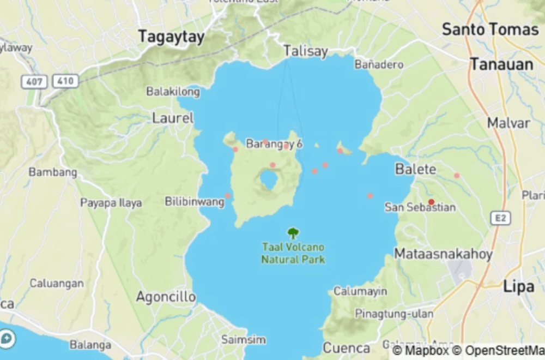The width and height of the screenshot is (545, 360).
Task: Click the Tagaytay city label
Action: [171, 37]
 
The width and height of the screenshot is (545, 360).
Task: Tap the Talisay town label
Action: [306, 51]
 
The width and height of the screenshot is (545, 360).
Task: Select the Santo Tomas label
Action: [490, 29]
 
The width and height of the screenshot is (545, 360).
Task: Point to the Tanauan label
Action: [501, 64]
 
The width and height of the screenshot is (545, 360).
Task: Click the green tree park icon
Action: [293, 233]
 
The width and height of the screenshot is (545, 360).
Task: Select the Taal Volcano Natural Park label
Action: [293, 253]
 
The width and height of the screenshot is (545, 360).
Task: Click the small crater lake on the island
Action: [269, 179]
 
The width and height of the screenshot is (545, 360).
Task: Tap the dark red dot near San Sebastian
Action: [431, 202]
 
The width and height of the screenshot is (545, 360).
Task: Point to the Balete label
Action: [416, 169]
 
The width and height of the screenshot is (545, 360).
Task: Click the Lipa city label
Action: [518, 286]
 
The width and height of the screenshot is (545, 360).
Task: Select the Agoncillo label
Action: [166, 297]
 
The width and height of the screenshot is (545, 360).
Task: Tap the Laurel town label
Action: [173, 118]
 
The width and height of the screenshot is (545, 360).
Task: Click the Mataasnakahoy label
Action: [443, 254]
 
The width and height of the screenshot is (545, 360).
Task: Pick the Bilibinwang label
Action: [195, 202]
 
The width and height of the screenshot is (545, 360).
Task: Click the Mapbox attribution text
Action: [420, 350]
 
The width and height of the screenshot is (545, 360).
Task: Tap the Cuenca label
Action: [347, 347]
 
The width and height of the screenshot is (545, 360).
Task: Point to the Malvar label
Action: [508, 123]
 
